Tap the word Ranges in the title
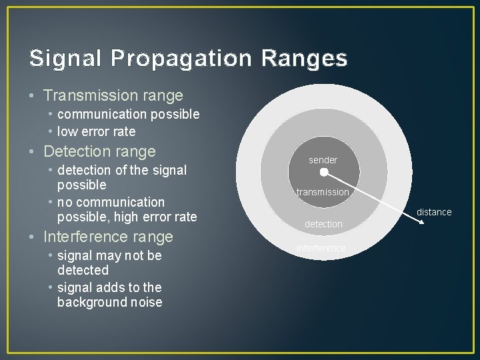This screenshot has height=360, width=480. pos(305,59)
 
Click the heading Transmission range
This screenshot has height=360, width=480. pos(113,96)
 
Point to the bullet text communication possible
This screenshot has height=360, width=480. pos(128,114)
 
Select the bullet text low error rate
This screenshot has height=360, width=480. pos(96,131)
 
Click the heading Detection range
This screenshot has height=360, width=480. pos(99,151)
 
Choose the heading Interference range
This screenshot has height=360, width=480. pos(107,237)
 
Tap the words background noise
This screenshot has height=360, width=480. pos(109,302)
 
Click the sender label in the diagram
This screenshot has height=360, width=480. pos(323,160)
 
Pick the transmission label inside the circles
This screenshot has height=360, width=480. pos(323,192)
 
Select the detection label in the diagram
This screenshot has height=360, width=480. pos(323,224)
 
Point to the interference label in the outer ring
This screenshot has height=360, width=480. pos(321,248)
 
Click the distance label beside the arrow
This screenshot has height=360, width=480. pos(434,212)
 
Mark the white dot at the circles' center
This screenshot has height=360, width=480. pos(323,172)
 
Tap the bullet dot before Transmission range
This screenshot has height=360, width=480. pos(33,97)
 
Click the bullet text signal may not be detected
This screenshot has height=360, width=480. pos(109,263)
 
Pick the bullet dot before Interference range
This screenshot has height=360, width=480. pos(33,237)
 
